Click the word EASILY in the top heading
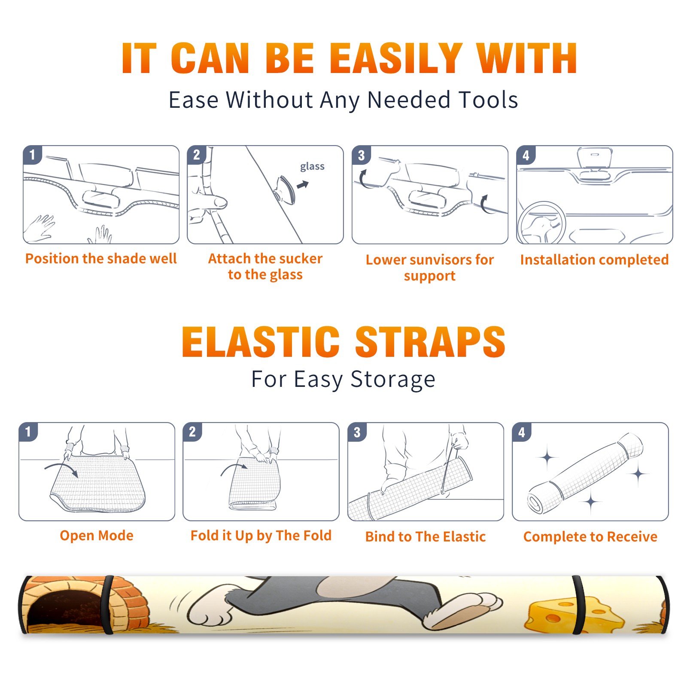[395, 58]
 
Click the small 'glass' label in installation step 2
[312, 167]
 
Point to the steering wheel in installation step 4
[541, 223]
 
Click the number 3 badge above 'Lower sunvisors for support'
[362, 155]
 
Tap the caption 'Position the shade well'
[101, 258]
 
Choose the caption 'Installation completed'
[595, 259]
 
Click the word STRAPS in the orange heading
[430, 342]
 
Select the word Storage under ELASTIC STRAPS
[393, 380]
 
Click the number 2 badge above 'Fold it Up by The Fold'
[192, 432]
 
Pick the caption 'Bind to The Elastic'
[426, 537]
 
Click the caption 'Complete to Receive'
[590, 537]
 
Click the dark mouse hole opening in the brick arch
[64, 610]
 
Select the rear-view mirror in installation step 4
[594, 158]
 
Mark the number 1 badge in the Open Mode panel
[28, 432]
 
